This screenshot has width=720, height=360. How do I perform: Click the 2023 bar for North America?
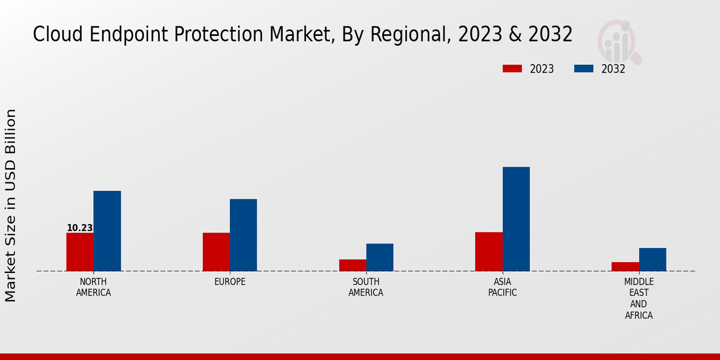80,252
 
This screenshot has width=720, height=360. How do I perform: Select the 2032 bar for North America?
107,231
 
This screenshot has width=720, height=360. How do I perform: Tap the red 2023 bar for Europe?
216,252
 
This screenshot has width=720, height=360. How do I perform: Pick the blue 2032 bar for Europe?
243,235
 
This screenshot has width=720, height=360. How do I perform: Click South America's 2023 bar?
352,265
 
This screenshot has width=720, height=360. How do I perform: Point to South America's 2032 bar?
380,257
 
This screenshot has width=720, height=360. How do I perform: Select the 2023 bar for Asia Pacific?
488,251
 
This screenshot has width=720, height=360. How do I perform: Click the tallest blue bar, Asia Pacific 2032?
516,219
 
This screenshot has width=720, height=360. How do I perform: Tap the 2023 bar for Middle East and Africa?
625,266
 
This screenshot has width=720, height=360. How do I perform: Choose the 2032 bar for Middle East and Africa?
652,259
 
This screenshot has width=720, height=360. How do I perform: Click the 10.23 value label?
79,228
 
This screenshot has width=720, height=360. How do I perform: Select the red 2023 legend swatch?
512,69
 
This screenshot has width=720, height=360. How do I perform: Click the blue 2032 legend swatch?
583,69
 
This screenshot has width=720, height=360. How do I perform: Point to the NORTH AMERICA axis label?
94,287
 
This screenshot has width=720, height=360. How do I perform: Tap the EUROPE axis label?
230,282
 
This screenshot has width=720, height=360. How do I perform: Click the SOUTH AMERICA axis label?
366,287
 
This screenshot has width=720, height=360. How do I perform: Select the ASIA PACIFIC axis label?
502,287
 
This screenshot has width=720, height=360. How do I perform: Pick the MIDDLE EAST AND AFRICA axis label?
639,298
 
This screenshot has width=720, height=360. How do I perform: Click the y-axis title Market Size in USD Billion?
11,205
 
